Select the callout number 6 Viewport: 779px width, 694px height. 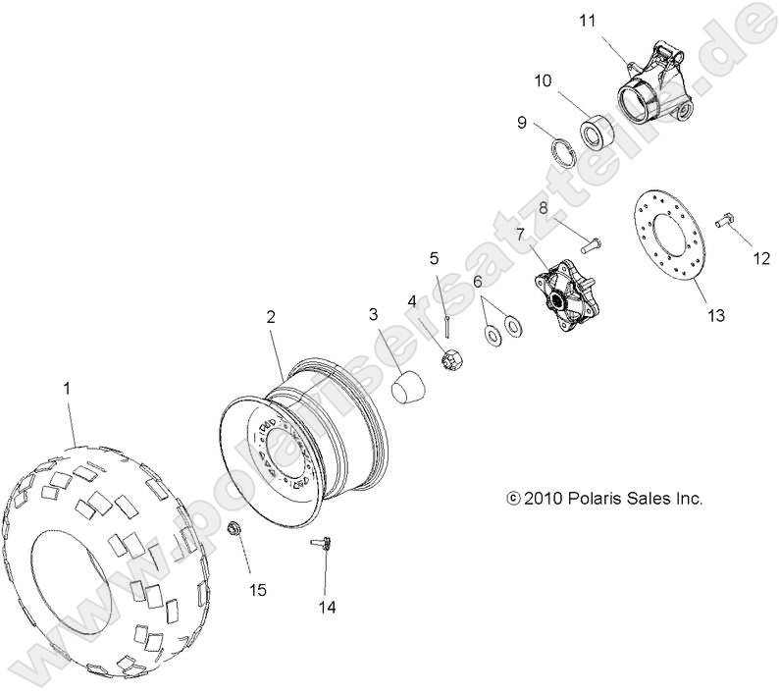(478, 282)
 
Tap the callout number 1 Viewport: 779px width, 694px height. (68, 389)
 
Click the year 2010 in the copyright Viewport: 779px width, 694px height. (543, 499)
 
